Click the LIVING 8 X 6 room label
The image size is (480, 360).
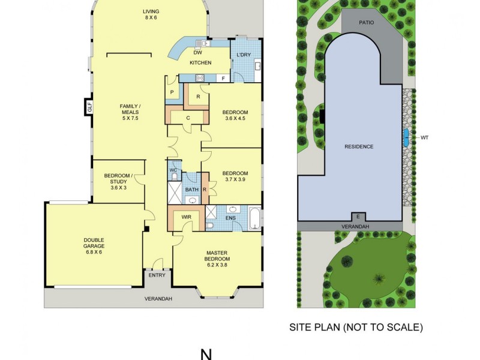tap(150, 14)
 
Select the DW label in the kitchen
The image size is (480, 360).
tap(197, 52)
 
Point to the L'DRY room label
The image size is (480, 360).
tap(243, 55)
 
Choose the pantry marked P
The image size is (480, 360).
tap(172, 92)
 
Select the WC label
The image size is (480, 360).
tap(173, 170)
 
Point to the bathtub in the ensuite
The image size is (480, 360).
tap(254, 219)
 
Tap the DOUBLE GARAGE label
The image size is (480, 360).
tap(94, 245)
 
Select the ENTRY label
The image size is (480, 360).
tap(157, 275)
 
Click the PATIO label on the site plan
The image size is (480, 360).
tap(367, 22)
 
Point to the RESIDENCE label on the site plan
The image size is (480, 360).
tap(359, 146)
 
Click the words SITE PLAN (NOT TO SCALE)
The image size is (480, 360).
tap(356, 328)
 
